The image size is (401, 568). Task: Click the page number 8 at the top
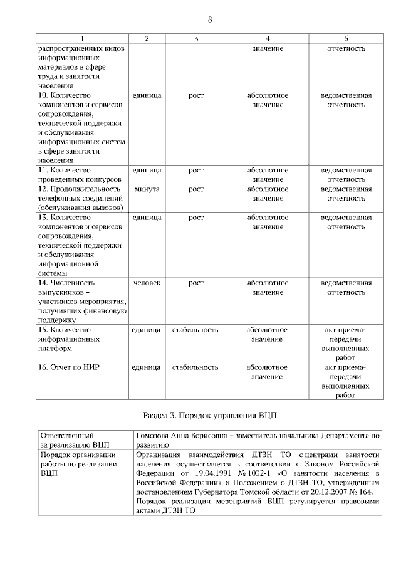click(x=210, y=18)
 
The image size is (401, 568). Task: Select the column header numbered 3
click(x=196, y=39)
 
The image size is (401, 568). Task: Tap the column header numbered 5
click(x=346, y=39)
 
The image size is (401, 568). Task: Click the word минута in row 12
click(x=147, y=189)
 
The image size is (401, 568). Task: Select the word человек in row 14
click(x=147, y=283)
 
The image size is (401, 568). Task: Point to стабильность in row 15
click(x=195, y=330)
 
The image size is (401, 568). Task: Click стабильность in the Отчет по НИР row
click(x=195, y=367)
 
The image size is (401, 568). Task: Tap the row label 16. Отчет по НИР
click(x=69, y=367)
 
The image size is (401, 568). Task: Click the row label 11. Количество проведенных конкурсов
click(x=80, y=175)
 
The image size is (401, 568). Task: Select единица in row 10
click(x=147, y=95)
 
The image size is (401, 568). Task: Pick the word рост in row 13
click(x=195, y=218)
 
